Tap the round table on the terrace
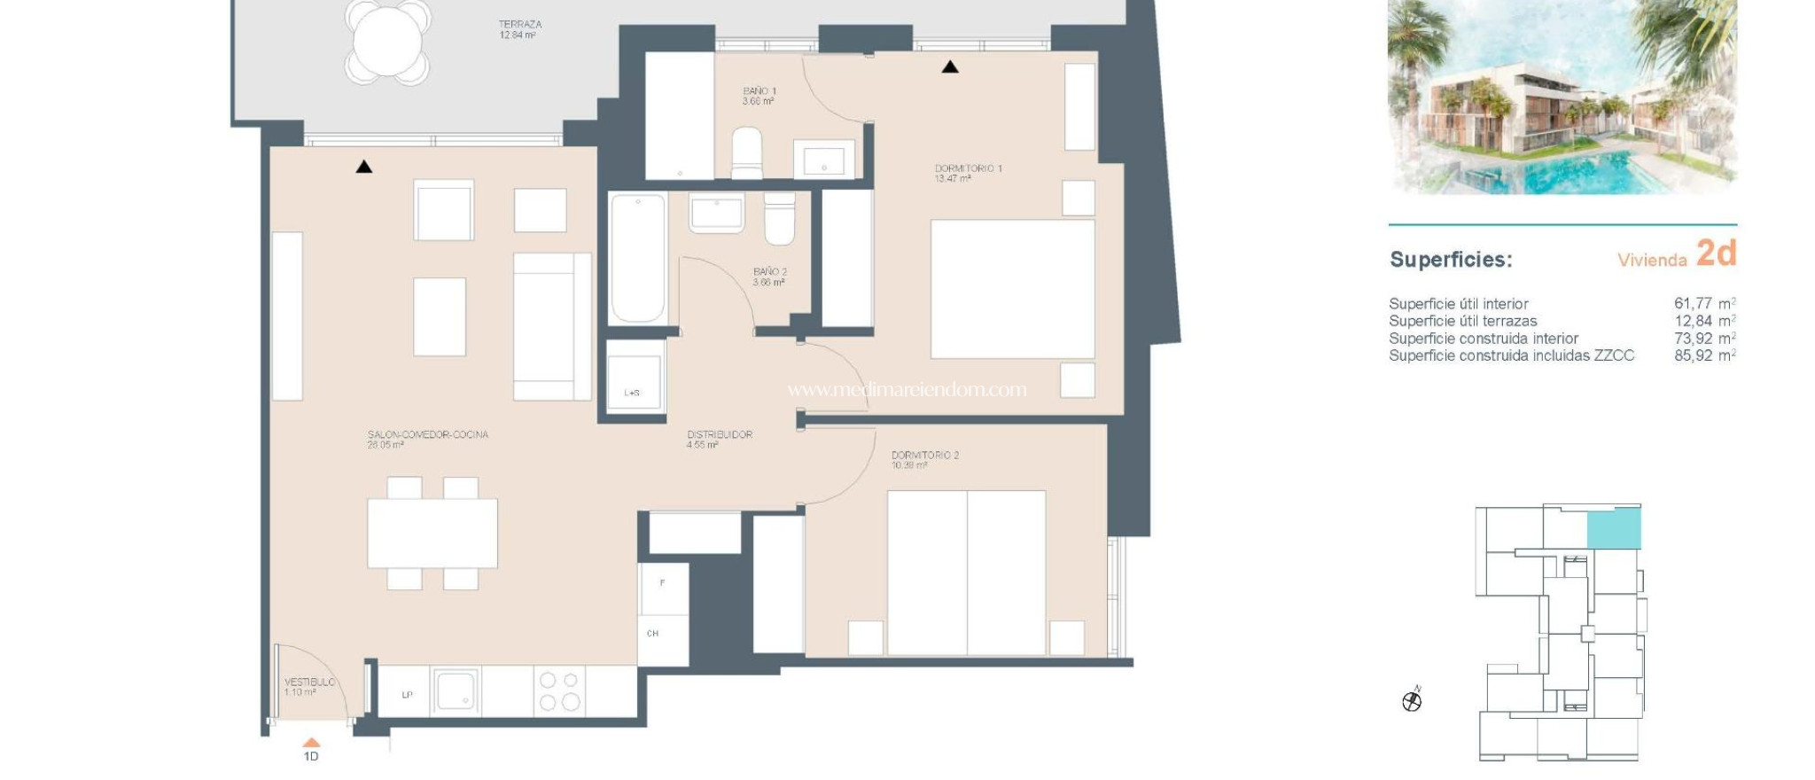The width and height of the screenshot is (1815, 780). point(388,42)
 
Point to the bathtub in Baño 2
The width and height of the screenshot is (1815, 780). point(637,257)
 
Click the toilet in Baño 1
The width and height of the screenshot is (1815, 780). point(746,152)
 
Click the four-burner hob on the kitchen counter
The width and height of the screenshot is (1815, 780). point(559,691)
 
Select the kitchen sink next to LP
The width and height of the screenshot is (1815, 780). point(456,690)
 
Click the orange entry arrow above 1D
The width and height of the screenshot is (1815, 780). point(311,743)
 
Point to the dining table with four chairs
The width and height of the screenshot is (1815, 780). point(432,533)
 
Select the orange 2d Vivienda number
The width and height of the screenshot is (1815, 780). point(1716,254)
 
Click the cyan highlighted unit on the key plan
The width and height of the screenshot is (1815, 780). point(1613,529)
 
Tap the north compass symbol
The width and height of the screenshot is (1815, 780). point(1412,701)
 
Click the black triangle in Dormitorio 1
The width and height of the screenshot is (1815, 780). point(950,66)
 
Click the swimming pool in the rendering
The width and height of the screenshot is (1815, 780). point(1560,173)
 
